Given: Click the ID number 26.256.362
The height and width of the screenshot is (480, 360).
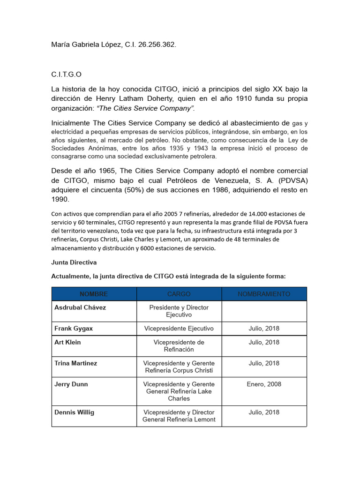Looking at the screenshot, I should (x=157, y=45).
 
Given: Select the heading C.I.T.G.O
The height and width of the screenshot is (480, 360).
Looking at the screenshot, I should (x=69, y=75).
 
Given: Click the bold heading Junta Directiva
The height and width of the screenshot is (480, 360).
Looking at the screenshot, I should (x=74, y=262).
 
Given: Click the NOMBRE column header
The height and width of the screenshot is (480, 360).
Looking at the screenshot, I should (x=94, y=294).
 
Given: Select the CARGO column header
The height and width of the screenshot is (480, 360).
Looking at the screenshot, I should (x=179, y=294).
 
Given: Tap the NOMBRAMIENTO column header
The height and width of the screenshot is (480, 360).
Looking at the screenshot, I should (x=264, y=294).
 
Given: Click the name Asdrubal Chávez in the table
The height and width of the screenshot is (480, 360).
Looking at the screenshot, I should (x=80, y=307).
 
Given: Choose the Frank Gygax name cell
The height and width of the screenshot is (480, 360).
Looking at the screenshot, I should (x=74, y=329).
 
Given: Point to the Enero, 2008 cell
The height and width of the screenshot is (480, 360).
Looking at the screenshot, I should (x=264, y=384).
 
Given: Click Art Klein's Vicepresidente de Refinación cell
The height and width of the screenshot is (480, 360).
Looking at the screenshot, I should (x=179, y=346).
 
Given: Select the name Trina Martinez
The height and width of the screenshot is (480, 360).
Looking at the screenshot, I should (x=76, y=363).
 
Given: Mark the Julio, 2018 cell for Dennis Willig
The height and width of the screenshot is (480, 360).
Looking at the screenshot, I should (x=264, y=412).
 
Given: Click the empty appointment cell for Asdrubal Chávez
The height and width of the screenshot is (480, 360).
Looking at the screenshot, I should (x=264, y=311).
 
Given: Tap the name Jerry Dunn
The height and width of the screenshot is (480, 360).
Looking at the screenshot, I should (x=71, y=384).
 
